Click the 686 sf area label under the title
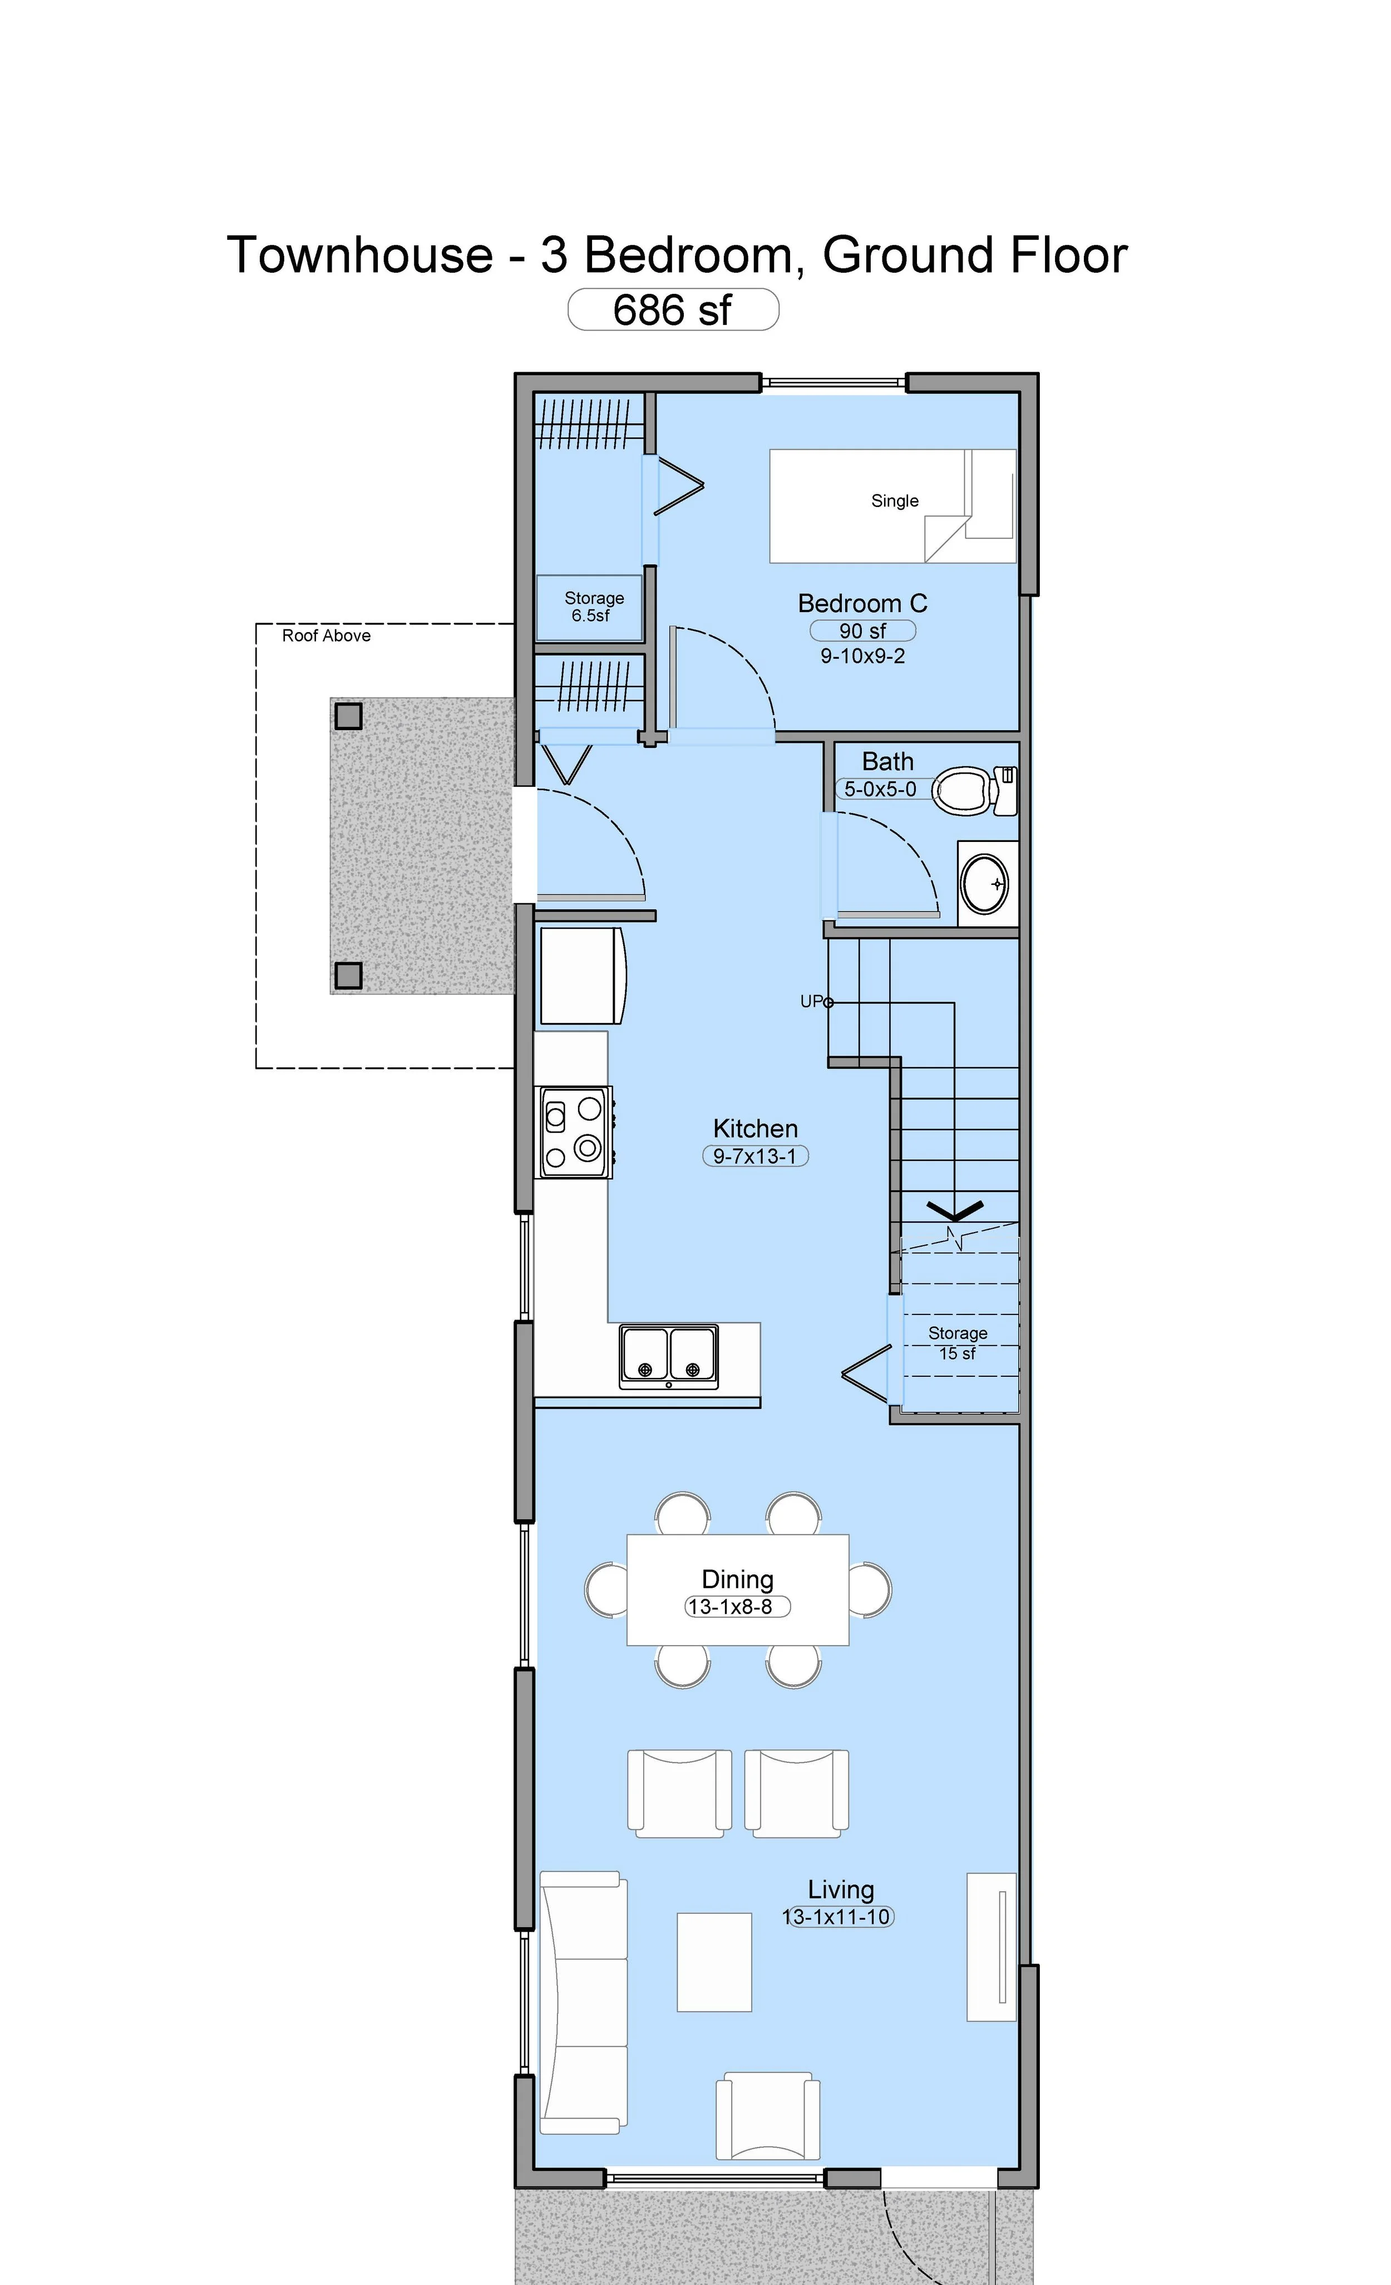coord(672,310)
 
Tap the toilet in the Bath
coord(974,791)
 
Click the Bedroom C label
coord(862,604)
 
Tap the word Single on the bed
coord(895,501)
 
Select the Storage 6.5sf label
coord(594,607)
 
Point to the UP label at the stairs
coord(811,1002)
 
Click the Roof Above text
coord(327,635)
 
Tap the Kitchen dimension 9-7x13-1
coord(756,1156)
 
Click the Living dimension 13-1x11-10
coord(837,1917)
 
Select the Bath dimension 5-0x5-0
coord(880,789)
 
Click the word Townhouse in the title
coord(360,255)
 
